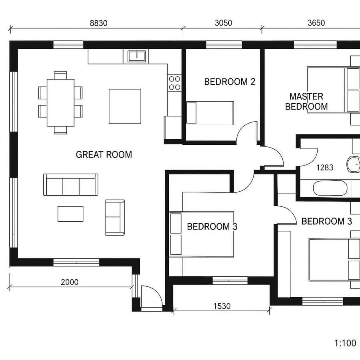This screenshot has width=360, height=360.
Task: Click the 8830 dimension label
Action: pyautogui.click(x=98, y=23)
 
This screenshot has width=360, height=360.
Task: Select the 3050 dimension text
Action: pyautogui.click(x=223, y=23)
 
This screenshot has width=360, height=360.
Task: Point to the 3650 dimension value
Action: pyautogui.click(x=316, y=23)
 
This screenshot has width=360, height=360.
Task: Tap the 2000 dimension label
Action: pyautogui.click(x=70, y=282)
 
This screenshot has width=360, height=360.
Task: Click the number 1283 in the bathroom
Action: pyautogui.click(x=325, y=168)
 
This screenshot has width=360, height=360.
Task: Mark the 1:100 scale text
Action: pyautogui.click(x=345, y=343)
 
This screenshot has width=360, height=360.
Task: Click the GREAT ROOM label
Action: pyautogui.click(x=104, y=154)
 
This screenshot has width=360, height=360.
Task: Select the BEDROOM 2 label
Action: pyautogui.click(x=230, y=82)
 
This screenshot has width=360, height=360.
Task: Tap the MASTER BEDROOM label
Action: pyautogui.click(x=306, y=102)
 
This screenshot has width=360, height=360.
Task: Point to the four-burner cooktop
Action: pyautogui.click(x=174, y=83)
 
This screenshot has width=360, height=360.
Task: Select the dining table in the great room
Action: pyautogui.click(x=60, y=102)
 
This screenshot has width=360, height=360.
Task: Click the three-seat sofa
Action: pyautogui.click(x=71, y=185)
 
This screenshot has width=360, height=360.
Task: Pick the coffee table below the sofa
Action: pyautogui.click(x=70, y=214)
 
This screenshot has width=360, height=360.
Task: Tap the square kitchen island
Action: pyautogui.click(x=125, y=106)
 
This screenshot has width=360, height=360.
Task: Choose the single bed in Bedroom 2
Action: pyautogui.click(x=210, y=113)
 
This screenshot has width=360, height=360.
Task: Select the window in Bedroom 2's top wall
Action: pyautogui.click(x=224, y=45)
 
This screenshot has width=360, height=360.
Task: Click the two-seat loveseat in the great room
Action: pyautogui.click(x=114, y=217)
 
